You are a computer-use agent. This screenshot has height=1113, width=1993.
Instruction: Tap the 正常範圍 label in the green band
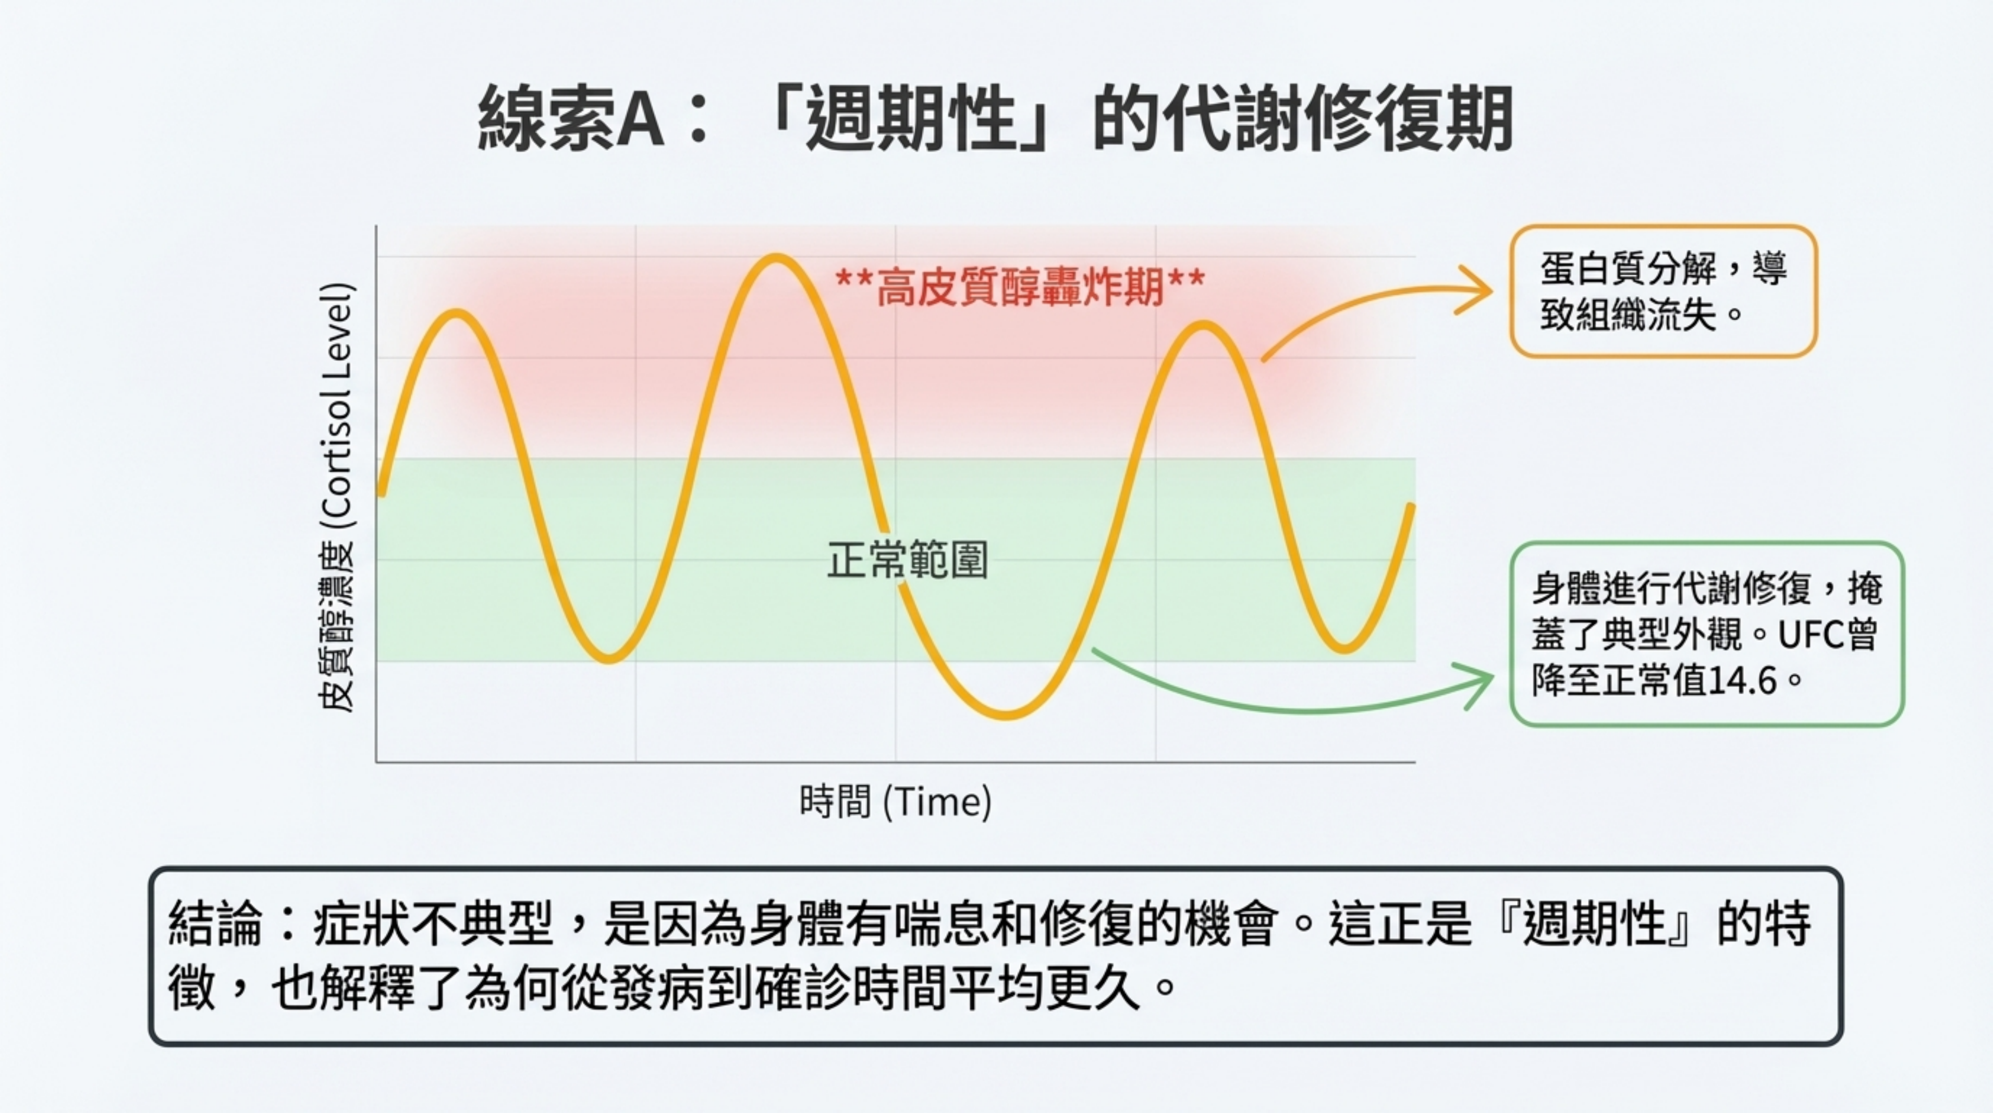908,560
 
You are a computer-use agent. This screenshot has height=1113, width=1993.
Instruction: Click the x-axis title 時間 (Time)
895,801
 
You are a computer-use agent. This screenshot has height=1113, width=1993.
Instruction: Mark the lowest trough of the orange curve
1005,713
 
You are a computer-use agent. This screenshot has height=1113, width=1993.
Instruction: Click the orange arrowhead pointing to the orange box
1476,291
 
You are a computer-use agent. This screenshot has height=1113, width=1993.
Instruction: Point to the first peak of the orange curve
457,313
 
